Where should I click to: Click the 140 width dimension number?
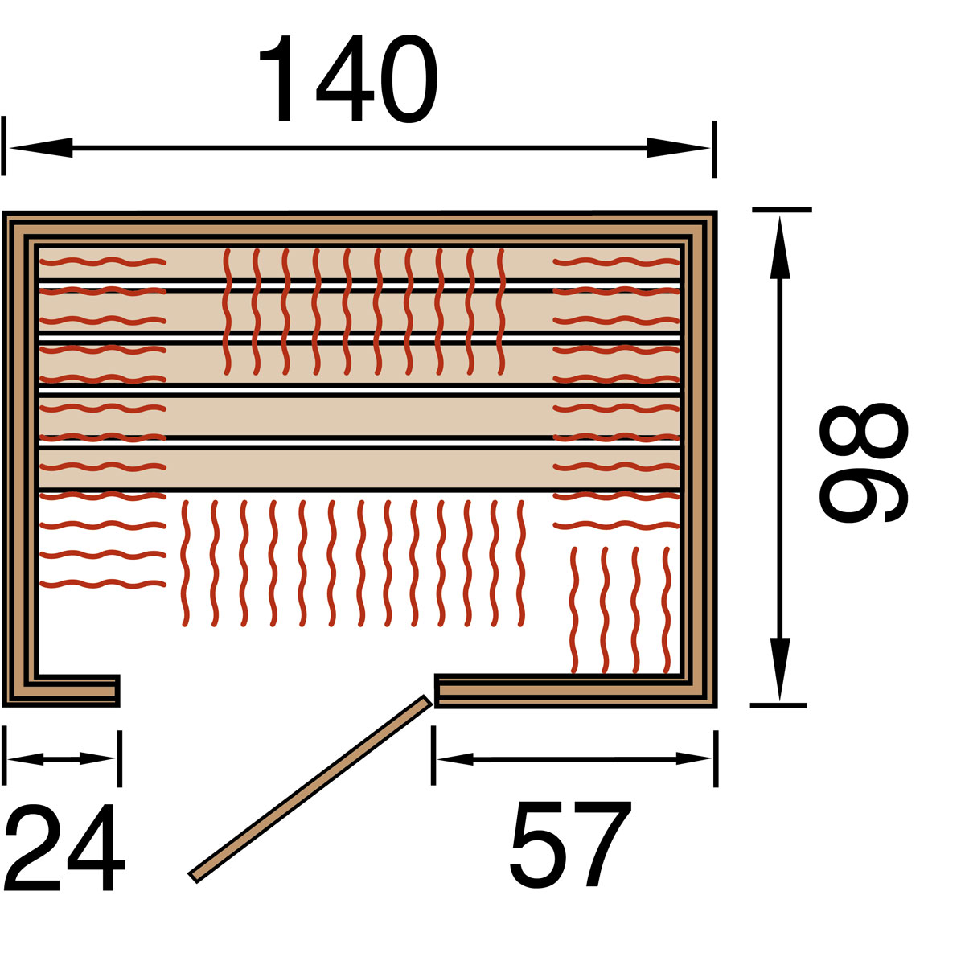tap(348, 78)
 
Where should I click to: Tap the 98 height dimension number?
tap(864, 463)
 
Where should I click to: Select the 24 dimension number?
tap(64, 848)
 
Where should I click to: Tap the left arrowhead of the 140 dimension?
tap(41, 148)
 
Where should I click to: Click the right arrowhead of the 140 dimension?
tap(678, 148)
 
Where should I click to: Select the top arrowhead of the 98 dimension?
tap(780, 248)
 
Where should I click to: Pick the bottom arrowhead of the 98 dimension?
tap(780, 669)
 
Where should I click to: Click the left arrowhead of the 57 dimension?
tap(455, 758)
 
